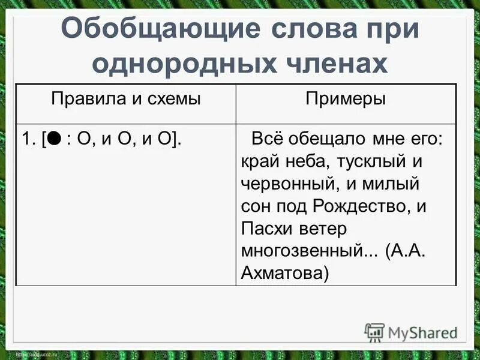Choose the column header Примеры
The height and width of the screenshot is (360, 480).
click(346, 99)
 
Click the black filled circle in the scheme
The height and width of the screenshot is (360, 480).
click(53, 139)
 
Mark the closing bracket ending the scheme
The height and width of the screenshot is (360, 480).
click(178, 140)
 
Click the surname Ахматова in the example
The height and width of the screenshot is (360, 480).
click(284, 273)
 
